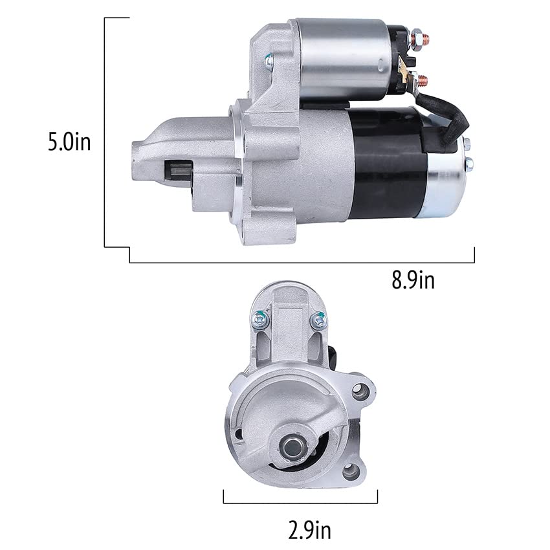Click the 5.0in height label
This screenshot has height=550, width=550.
tap(69, 142)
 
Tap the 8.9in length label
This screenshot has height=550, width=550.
tap(412, 281)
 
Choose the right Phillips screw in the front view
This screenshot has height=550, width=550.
tap(317, 319)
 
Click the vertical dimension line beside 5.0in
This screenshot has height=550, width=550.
tap(105, 133)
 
